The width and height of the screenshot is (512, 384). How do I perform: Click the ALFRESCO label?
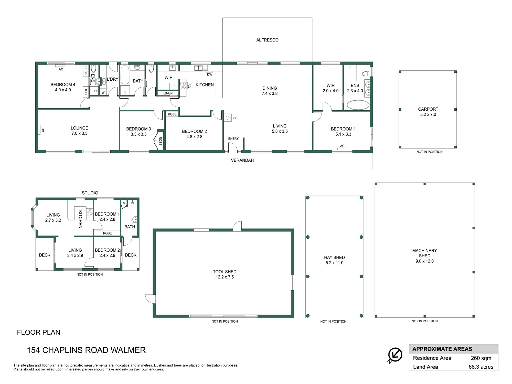click(x=267, y=40)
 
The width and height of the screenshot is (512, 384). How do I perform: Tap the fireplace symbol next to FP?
click(x=228, y=118)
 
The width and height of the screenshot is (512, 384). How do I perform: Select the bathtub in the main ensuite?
click(x=358, y=105)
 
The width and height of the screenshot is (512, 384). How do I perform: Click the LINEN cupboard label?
click(x=168, y=93)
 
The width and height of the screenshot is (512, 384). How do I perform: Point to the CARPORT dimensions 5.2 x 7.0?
click(x=428, y=114)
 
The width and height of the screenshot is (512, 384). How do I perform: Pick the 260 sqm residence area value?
click(x=481, y=358)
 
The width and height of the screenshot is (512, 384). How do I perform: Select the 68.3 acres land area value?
click(x=481, y=367)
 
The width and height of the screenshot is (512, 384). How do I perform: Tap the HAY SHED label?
click(x=334, y=258)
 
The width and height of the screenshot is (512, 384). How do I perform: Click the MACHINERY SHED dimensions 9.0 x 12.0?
click(x=424, y=261)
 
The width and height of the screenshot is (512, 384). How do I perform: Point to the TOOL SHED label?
click(x=225, y=272)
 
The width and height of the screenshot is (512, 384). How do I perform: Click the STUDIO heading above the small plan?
click(x=90, y=193)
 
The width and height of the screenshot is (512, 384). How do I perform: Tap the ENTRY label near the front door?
click(x=233, y=139)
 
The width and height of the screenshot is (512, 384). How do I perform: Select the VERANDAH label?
click(x=242, y=160)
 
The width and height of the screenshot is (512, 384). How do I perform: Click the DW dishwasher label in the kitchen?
click(x=210, y=74)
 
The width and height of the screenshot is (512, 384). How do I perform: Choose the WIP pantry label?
click(x=168, y=77)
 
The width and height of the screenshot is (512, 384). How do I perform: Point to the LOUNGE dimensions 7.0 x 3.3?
click(x=79, y=133)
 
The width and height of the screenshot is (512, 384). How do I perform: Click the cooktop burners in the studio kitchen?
click(x=89, y=212)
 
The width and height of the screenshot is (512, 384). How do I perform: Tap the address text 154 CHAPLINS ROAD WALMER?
click(x=86, y=350)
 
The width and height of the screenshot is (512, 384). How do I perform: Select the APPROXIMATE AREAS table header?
click(x=442, y=349)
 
